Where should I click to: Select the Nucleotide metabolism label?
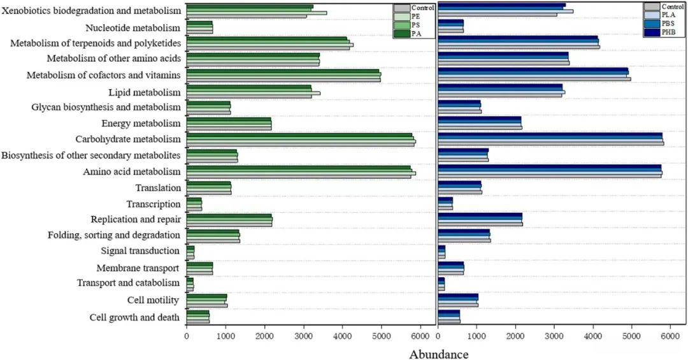coord(133,28)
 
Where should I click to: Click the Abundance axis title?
coord(438,354)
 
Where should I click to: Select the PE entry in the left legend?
coord(415,16)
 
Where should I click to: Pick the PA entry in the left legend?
coord(415,33)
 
